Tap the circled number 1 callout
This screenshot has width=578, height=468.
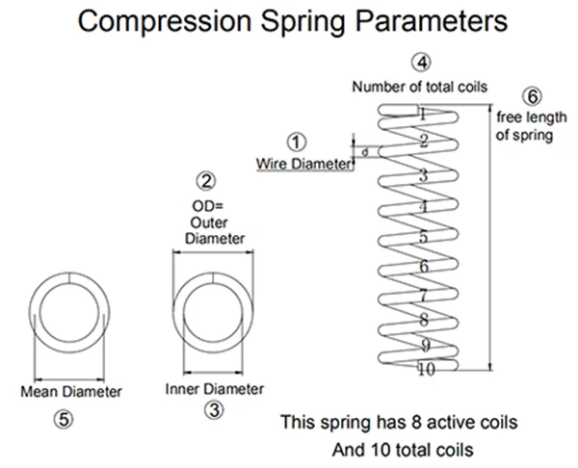(297, 143)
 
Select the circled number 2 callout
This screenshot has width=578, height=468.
(206, 180)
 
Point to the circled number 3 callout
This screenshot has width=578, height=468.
(214, 410)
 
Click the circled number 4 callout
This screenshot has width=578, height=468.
(420, 63)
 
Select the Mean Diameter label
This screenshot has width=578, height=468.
(71, 391)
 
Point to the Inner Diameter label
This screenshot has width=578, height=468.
(214, 389)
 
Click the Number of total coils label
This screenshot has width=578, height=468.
(420, 87)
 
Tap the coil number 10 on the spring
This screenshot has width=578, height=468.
(426, 369)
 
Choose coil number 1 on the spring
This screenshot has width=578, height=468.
(422, 114)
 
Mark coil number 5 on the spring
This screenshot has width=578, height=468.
(422, 237)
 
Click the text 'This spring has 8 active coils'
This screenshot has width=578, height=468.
(399, 422)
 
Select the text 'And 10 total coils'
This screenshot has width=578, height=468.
(399, 449)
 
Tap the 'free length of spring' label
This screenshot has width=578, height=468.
(525, 126)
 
